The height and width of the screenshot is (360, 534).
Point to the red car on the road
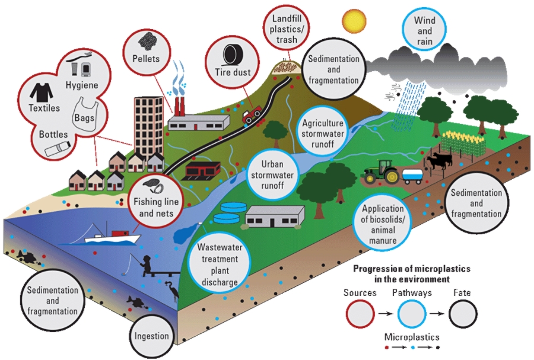pos(253,114)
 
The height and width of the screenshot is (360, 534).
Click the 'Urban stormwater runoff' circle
pos(274,171)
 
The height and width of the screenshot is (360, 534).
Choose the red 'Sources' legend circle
pos(360,313)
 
